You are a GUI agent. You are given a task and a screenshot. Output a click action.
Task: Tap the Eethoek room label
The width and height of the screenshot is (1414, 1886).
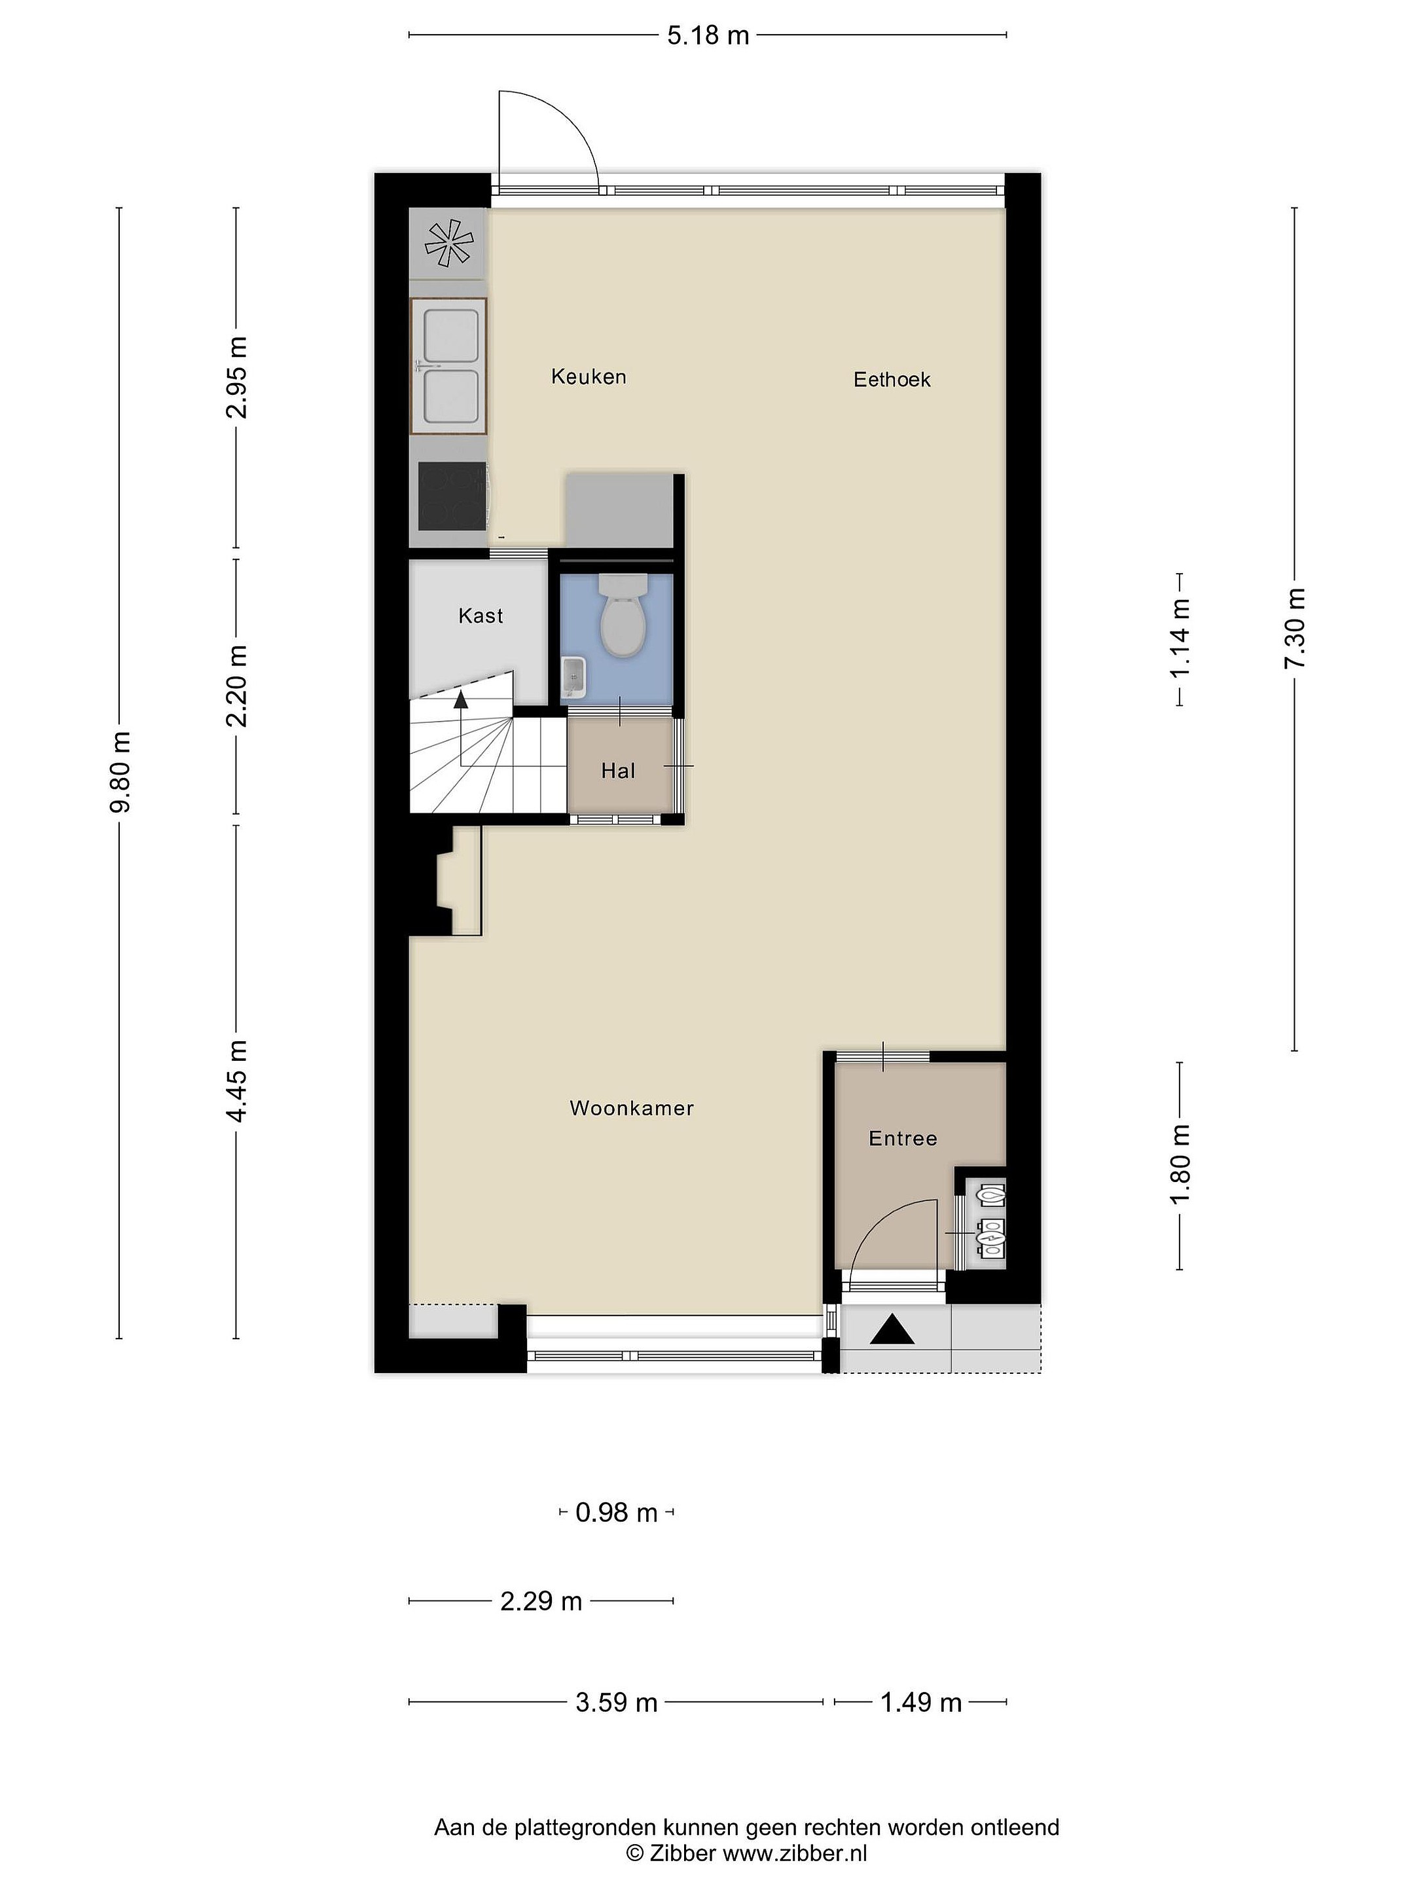click(x=892, y=379)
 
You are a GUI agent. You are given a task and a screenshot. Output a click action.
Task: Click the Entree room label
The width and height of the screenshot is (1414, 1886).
click(x=903, y=1138)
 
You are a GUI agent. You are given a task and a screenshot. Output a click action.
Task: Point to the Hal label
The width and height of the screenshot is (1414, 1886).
click(x=618, y=771)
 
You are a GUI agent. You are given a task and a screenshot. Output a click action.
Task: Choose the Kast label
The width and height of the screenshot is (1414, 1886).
click(x=480, y=616)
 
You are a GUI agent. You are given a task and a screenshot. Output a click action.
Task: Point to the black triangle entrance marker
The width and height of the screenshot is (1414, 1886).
click(x=892, y=1330)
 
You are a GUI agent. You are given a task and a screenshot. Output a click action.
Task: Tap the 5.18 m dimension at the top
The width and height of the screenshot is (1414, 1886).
click(x=708, y=35)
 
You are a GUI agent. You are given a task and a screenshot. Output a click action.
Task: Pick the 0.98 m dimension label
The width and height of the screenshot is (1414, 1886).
click(x=616, y=1513)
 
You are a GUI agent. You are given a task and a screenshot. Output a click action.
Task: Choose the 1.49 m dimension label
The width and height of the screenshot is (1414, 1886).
click(x=920, y=1703)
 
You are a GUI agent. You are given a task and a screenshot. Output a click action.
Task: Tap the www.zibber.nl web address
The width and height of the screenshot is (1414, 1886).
click(x=794, y=1853)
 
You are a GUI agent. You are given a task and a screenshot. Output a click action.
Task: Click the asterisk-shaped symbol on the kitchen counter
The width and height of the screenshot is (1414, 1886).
click(x=449, y=244)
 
